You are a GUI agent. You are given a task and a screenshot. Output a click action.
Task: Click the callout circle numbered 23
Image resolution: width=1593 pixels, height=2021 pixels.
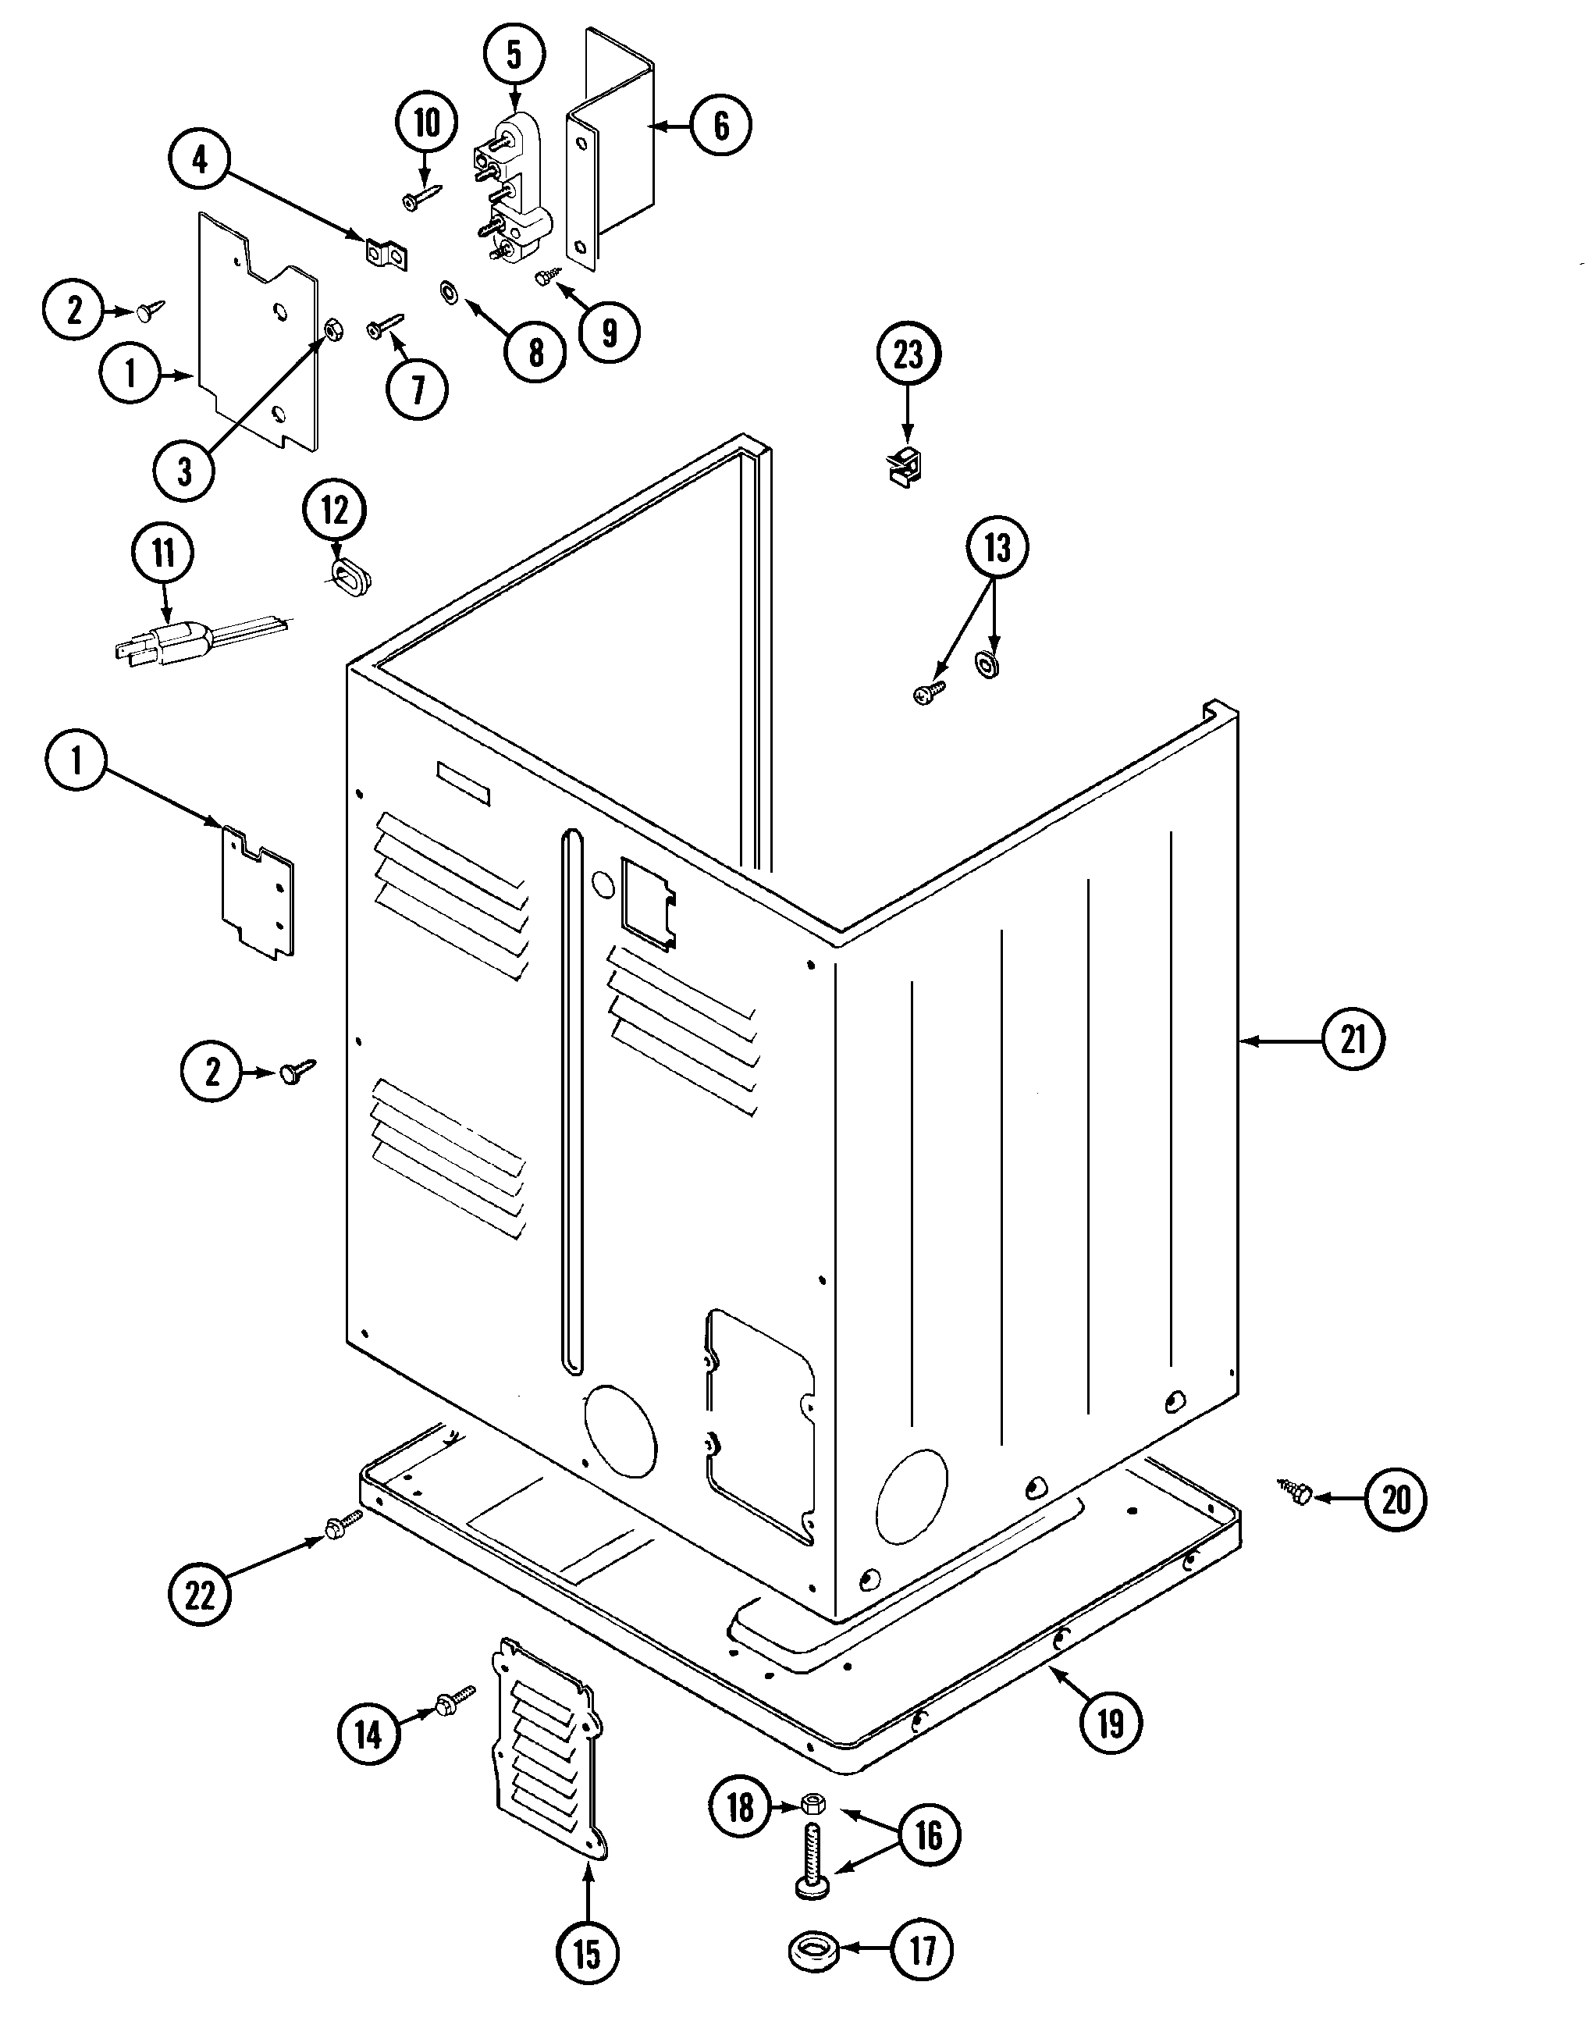pyautogui.click(x=909, y=354)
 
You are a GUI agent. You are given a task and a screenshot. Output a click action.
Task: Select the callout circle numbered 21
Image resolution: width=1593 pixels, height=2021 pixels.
pyautogui.click(x=1353, y=1039)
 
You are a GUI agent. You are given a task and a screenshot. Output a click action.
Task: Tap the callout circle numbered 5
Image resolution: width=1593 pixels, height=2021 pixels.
pyautogui.click(x=515, y=54)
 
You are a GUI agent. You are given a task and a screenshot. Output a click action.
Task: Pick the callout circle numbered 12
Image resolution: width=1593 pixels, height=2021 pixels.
pyautogui.click(x=335, y=511)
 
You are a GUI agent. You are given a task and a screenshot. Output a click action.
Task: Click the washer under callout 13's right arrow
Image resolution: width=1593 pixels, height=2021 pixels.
pyautogui.click(x=987, y=665)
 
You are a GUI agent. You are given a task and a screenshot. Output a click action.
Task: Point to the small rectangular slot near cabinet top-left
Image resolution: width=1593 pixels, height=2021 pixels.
pyautogui.click(x=464, y=782)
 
